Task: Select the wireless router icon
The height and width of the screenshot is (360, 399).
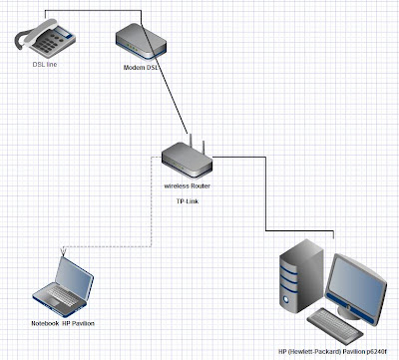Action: coord(186,160)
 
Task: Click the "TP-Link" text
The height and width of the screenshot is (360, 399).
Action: coord(185,201)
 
